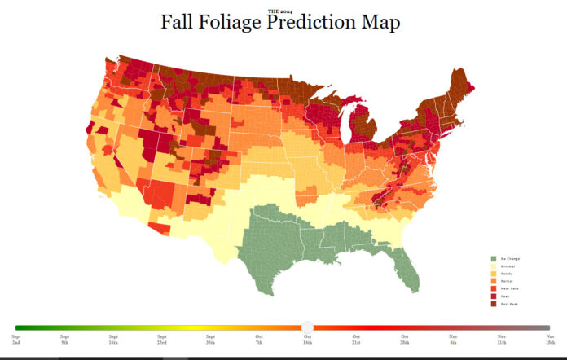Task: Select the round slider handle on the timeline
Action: (307, 327)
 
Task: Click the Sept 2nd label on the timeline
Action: (16, 339)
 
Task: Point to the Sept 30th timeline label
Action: (210, 339)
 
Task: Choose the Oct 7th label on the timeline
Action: (258, 339)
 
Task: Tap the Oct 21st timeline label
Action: (356, 339)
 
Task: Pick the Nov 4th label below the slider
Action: (453, 339)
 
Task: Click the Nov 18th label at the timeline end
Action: (550, 339)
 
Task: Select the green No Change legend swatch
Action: (493, 257)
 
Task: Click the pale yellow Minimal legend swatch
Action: (493, 266)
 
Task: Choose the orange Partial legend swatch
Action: (493, 281)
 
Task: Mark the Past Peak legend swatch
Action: (493, 304)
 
